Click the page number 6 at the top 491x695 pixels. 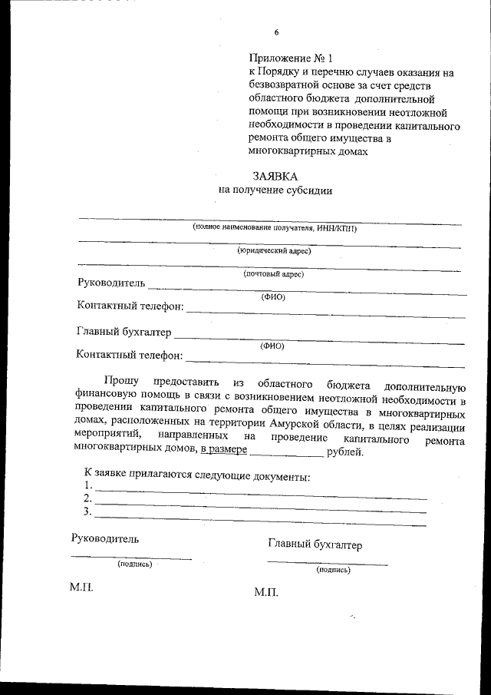(276, 32)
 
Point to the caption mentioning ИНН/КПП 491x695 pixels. (275, 228)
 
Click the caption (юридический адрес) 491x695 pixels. (274, 250)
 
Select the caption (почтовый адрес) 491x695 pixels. (274, 273)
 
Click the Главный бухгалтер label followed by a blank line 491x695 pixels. (124, 333)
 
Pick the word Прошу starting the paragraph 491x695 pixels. (121, 382)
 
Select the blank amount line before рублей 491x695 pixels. (287, 455)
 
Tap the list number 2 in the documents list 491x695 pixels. (87, 499)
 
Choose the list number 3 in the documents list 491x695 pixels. (87, 512)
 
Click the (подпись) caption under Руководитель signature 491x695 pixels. (134, 564)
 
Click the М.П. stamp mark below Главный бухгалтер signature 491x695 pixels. (265, 594)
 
